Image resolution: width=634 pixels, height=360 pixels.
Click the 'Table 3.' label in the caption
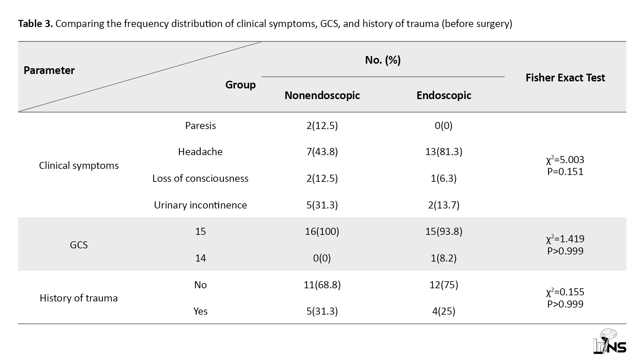point(35,23)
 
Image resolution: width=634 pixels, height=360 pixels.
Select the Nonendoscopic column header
point(322,96)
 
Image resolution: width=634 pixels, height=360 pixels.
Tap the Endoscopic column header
point(444,96)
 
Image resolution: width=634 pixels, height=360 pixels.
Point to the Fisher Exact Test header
point(565,78)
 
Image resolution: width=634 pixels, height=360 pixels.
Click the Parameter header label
point(49,70)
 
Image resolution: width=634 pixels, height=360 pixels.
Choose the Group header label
point(240,85)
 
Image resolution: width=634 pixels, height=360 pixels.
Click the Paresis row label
point(200,125)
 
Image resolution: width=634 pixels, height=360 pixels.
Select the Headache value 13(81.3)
point(444,152)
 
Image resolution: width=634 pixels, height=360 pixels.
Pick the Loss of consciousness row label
point(200,178)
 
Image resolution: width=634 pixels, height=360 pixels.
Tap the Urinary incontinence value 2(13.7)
point(444,205)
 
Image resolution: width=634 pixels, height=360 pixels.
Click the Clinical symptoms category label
point(79,166)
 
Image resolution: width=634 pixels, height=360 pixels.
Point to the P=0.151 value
point(565,171)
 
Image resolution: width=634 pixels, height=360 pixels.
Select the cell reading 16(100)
point(322,231)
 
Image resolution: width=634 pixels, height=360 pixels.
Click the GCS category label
point(79,245)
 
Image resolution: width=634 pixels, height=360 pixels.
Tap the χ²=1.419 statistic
point(565,238)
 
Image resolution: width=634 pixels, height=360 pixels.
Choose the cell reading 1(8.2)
point(444,258)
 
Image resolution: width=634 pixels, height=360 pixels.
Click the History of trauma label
point(79,298)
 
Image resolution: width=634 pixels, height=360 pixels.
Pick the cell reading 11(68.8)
point(322,285)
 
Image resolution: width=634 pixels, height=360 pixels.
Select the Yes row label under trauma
point(200,311)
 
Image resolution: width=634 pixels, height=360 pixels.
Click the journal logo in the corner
point(610,342)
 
